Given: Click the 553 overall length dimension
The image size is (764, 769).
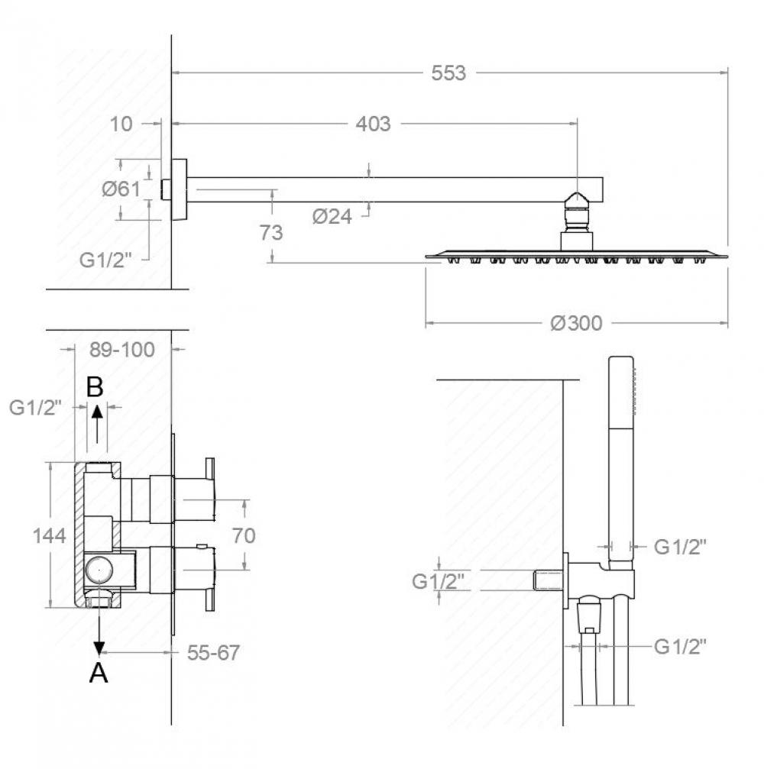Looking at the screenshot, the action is coord(448,73).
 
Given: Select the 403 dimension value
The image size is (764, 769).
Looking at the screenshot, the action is coord(374,124).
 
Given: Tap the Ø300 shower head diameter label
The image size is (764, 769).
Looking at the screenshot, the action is coord(576,323).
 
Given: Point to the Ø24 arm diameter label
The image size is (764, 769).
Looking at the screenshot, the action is coord(332,216).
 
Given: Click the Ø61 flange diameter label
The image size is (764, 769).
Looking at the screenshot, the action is coord(121,189).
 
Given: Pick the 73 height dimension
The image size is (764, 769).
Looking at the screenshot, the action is coord(271,232).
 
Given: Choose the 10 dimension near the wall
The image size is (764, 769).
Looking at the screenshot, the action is coord(121,124).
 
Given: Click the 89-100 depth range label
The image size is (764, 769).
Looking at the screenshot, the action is coord(122,350).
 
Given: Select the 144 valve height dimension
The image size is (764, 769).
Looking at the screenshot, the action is coord(50,535).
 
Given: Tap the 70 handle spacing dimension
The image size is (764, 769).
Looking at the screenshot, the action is coord(244,535).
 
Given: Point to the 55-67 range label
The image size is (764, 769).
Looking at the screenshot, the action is coord(213,652).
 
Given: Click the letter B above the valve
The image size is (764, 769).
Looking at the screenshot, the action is coord(95,387).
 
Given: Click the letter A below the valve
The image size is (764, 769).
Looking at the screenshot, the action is coord(99,673).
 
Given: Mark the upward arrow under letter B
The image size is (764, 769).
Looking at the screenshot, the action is coord(98,425).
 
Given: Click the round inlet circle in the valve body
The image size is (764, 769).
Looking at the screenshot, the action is coord(99,570).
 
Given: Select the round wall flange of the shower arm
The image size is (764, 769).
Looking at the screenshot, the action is coord(179,190).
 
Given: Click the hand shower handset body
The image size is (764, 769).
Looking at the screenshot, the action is coord(621,461).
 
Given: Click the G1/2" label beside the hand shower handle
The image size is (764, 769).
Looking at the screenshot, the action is coord(680,546).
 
